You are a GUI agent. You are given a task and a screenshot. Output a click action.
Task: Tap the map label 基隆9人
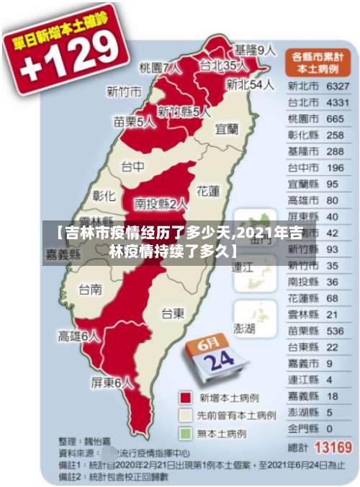click(255, 50)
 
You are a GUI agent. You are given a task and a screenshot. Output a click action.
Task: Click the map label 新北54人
click(249, 84)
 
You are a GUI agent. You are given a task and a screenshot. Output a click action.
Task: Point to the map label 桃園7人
click(160, 68)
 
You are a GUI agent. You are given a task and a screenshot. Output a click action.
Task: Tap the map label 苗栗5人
click(134, 122)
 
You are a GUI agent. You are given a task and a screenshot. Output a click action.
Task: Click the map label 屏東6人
click(112, 383)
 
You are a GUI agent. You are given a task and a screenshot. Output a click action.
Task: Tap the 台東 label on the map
click(172, 313)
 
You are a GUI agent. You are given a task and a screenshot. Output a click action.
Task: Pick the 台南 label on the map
click(90, 290)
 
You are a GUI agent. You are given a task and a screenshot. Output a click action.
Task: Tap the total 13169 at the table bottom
click(333, 447)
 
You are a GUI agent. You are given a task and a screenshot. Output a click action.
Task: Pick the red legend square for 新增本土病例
click(186, 398)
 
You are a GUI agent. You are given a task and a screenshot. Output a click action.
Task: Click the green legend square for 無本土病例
click(186, 434)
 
